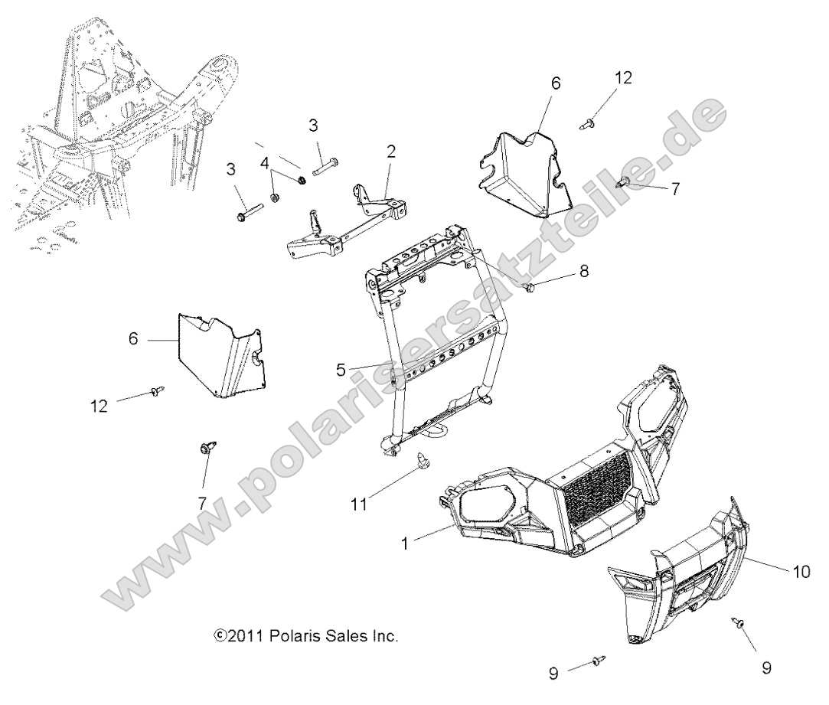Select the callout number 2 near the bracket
[x=391, y=152]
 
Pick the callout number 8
[x=584, y=271]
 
